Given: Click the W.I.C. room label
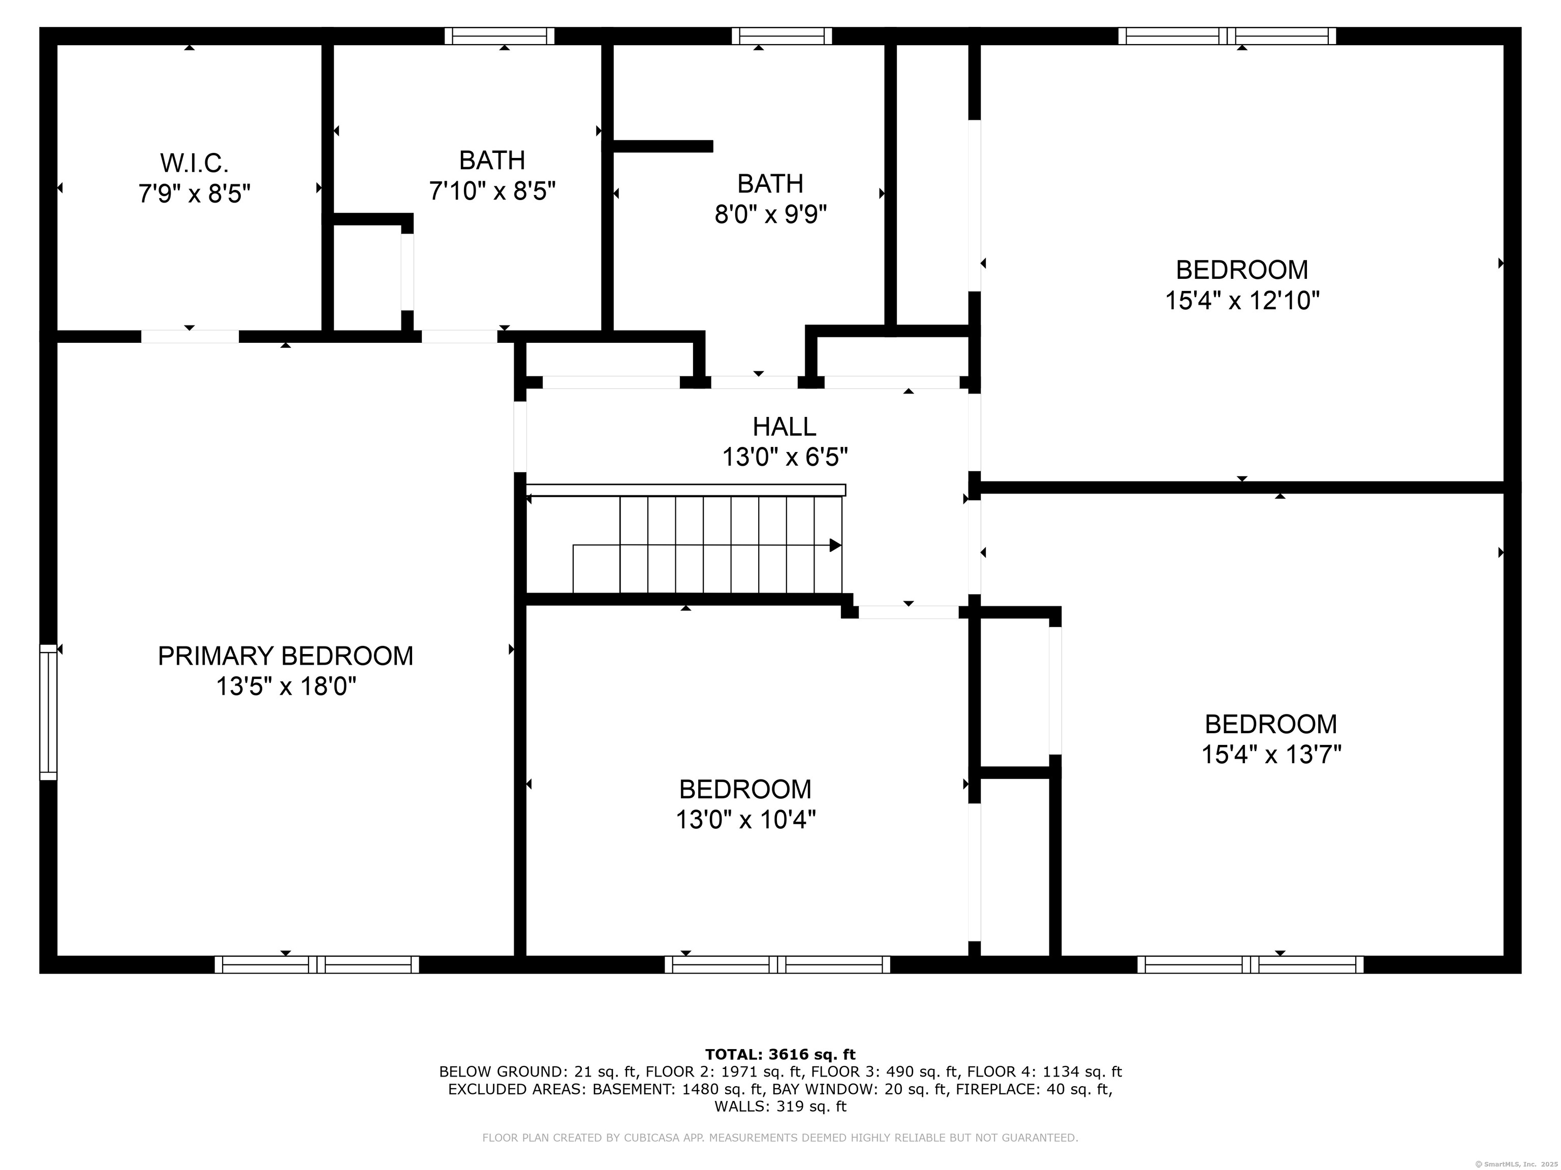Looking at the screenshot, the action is point(194,164).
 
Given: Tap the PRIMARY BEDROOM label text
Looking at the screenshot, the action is point(285,656).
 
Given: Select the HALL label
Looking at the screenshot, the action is point(784,427).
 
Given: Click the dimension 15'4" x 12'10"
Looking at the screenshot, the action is point(1242,301).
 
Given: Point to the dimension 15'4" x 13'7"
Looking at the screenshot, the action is point(1271,755).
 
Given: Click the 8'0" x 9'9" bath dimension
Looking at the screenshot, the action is point(771,214).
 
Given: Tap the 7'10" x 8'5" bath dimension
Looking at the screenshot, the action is point(492,190).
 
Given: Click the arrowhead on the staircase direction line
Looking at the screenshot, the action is point(835,545).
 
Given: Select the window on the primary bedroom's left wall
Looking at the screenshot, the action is point(48,712).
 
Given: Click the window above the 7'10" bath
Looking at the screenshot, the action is point(499,36).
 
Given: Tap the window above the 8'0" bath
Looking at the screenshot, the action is point(782,36).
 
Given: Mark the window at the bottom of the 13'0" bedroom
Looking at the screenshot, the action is point(777,965).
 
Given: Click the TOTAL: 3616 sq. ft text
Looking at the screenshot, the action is point(780,1054).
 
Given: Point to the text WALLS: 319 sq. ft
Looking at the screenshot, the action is point(780,1107).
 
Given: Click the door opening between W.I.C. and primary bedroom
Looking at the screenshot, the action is point(190,336).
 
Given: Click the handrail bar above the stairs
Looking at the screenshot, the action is point(686,490).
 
